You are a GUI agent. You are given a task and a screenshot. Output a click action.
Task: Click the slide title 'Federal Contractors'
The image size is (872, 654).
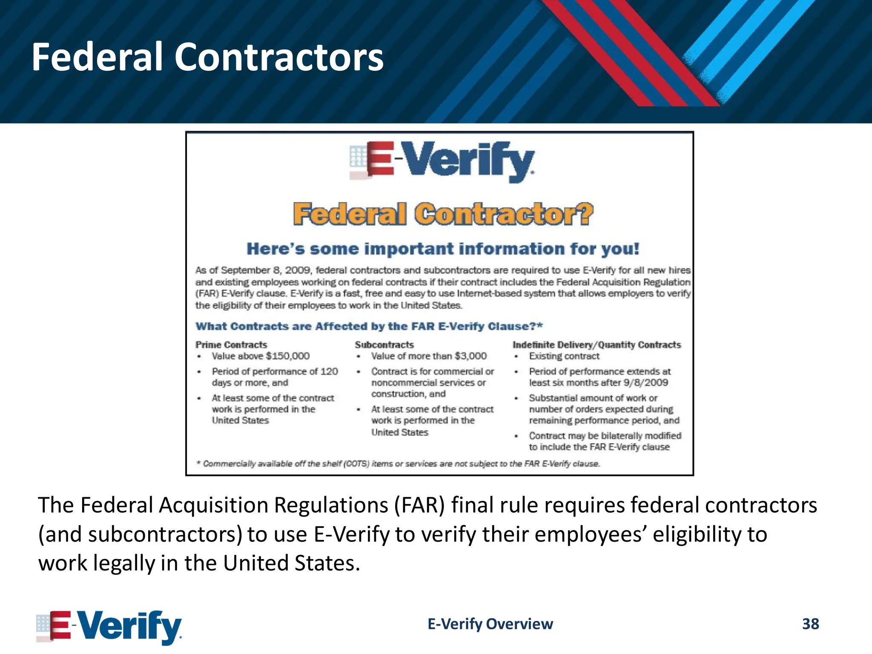point(208,57)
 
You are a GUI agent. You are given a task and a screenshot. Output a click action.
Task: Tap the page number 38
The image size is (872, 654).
point(810,624)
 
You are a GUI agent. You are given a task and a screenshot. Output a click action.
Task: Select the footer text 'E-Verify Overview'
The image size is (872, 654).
point(490,624)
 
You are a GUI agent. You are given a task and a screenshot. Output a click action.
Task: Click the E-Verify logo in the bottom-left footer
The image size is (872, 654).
point(109,626)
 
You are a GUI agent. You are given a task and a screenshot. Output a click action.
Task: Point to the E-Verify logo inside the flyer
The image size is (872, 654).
point(442,162)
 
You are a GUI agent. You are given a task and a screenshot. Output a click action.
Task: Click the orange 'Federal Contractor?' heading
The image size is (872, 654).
point(443,214)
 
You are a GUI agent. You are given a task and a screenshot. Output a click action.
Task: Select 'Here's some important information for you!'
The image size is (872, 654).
point(443,249)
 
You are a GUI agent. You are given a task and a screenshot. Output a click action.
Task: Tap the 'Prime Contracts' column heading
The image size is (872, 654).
point(231,344)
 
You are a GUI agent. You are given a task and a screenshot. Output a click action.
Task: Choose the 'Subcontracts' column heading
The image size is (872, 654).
point(384,344)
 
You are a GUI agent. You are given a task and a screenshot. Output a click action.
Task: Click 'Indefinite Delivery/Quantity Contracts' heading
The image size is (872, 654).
point(597,344)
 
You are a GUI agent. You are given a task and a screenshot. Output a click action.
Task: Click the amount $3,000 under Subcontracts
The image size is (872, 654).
point(470,356)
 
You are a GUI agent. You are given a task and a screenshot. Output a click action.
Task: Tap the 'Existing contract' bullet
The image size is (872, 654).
point(564,356)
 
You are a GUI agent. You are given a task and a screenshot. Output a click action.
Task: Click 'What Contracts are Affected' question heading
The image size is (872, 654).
point(369,326)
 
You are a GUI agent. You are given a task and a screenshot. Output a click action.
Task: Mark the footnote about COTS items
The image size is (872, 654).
point(398,464)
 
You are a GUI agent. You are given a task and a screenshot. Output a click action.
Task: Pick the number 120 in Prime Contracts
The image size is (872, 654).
point(329,371)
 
